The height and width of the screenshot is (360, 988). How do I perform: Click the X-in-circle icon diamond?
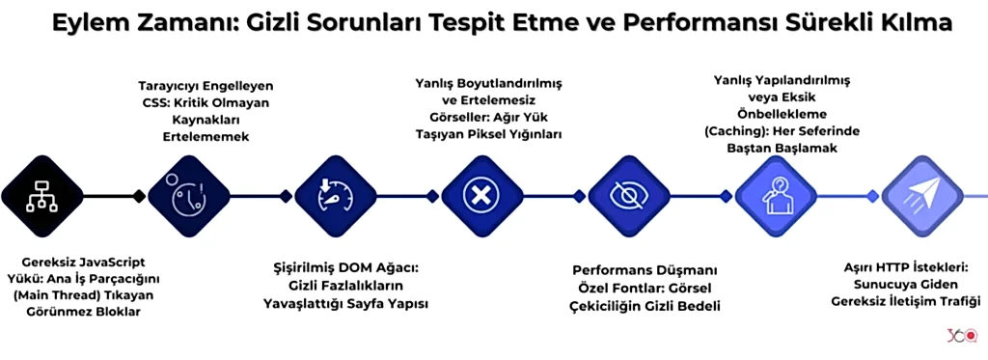pos(480,196)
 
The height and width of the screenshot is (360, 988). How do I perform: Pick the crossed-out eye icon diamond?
pos(628,196)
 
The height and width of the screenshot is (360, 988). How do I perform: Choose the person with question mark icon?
pos(776,196)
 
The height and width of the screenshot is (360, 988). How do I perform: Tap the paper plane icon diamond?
pos(922,196)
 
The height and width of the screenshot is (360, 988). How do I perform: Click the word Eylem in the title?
pos(83,23)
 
